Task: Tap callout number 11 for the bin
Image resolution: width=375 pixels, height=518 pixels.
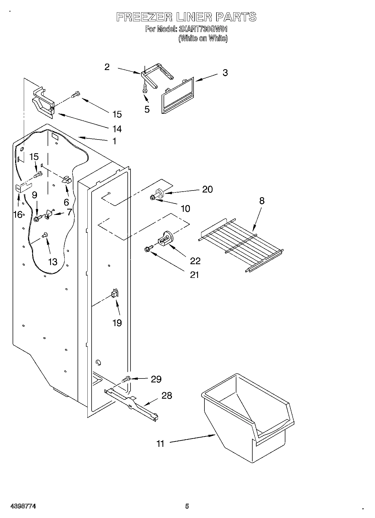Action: [x=160, y=444]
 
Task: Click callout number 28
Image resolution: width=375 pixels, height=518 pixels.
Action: [x=167, y=396]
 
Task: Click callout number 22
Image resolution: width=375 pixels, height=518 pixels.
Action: [x=195, y=261]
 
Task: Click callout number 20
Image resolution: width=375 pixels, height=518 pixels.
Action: [x=207, y=189]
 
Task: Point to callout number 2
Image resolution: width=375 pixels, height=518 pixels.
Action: [x=107, y=67]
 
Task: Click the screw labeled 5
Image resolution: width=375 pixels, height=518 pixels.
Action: [x=145, y=89]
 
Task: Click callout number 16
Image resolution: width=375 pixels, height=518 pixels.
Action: [x=18, y=215]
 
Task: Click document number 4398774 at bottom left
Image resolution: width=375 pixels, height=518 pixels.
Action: [x=23, y=506]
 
